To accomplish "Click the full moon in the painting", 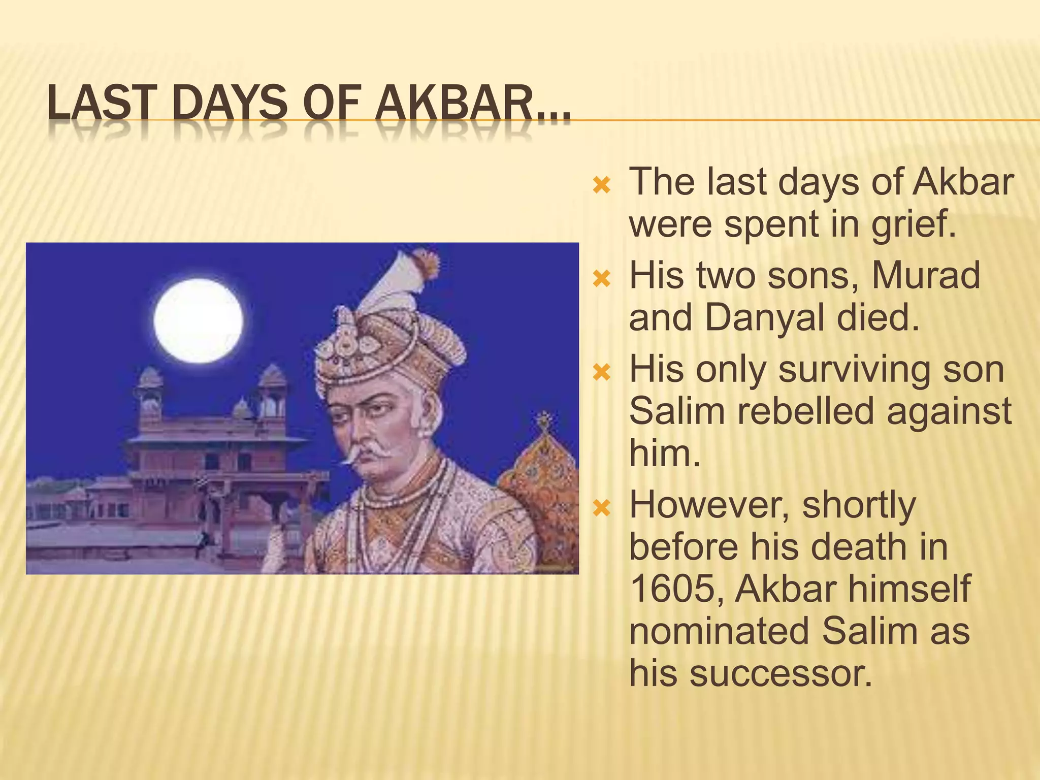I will pos(198,321).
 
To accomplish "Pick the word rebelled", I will pos(805,411).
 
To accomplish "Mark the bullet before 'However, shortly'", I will pos(601,508).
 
